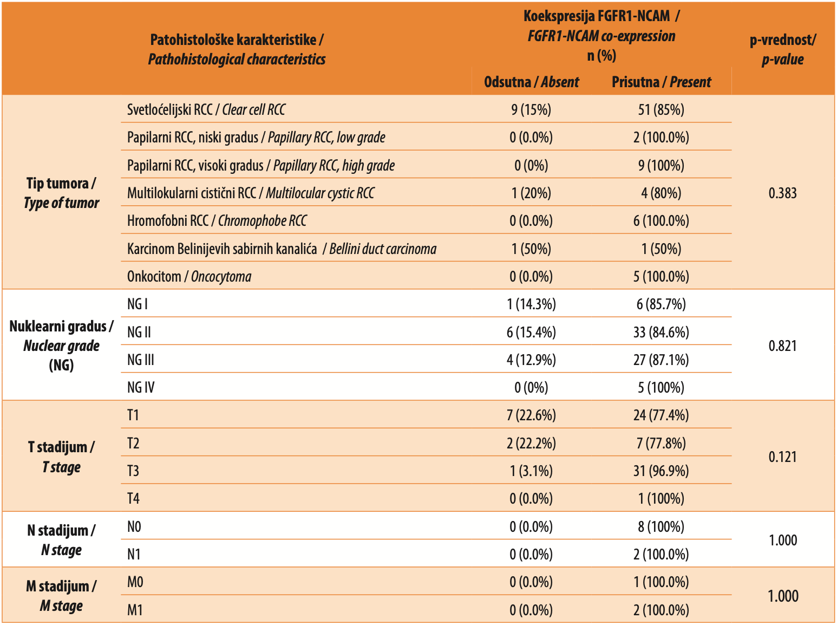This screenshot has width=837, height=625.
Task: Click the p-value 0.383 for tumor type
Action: tap(782, 193)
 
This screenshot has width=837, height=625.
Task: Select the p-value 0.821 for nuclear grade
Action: tap(782, 346)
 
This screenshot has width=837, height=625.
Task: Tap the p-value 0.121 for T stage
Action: tap(782, 457)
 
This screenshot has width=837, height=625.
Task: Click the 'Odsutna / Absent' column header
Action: tap(531, 82)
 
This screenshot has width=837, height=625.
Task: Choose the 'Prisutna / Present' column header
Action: tap(661, 82)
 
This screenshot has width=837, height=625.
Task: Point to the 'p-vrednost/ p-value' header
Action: tap(782, 50)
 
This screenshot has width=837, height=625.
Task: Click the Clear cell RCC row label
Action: tap(206, 110)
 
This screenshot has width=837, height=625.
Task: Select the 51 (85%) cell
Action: tap(661, 110)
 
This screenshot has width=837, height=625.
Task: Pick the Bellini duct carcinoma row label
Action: tap(282, 249)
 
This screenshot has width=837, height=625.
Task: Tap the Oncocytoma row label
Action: tap(189, 277)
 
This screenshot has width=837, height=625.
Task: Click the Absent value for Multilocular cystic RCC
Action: tap(531, 193)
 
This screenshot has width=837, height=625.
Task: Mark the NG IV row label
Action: tap(141, 388)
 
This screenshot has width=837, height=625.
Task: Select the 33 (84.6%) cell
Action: tap(661, 332)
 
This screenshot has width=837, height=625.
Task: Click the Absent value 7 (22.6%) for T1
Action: tap(531, 415)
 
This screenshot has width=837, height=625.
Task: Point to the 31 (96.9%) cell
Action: tap(661, 471)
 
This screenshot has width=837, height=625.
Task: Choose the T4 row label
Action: tap(133, 499)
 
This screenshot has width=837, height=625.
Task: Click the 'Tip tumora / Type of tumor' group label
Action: tap(61, 193)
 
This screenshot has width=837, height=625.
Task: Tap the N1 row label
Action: tap(134, 555)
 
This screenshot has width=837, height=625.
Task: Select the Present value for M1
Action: tap(661, 610)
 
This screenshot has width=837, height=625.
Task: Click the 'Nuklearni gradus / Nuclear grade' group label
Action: tap(61, 346)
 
